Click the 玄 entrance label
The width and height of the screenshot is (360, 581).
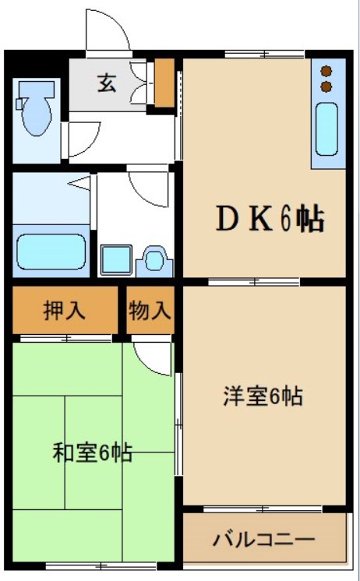click(x=107, y=83)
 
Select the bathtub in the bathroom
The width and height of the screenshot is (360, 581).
click(x=51, y=251)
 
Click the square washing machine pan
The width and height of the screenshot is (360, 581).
click(x=115, y=259)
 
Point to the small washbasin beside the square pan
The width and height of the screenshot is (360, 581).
click(x=154, y=260)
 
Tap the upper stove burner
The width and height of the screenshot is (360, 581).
click(x=326, y=69)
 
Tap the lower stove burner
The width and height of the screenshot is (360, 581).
click(x=326, y=83)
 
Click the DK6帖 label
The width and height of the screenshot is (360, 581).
click(x=269, y=220)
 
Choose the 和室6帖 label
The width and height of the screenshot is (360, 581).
click(x=92, y=452)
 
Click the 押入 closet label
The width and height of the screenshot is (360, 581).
click(x=65, y=310)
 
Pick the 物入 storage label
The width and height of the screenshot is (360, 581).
click(x=150, y=310)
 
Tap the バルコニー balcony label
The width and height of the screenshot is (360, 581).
click(x=263, y=539)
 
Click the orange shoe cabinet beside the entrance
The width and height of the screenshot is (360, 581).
click(x=164, y=83)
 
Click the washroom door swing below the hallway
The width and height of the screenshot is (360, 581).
click(x=148, y=185)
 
